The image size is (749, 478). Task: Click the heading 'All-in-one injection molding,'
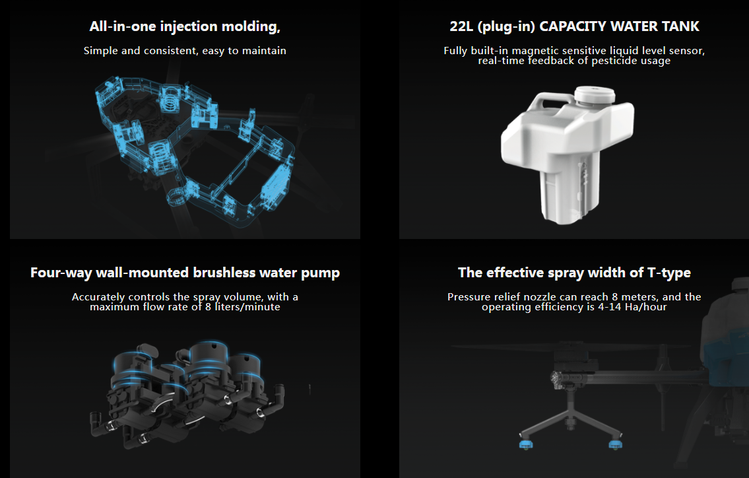click(185, 27)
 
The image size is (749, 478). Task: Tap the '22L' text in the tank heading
click(461, 26)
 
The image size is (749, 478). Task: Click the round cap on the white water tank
click(594, 94)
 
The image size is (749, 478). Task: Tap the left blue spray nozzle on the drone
click(526, 444)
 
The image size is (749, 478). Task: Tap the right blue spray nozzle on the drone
click(615, 444)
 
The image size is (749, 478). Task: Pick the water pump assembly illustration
click(187, 393)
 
